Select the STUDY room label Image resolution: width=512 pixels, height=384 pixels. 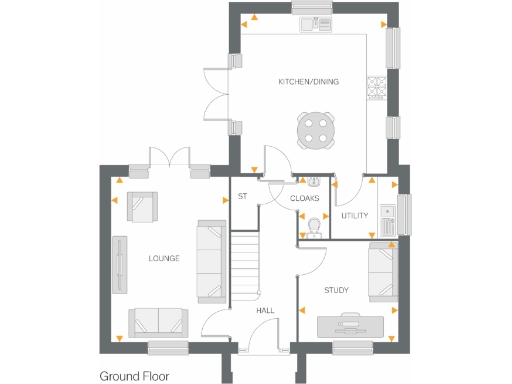click(336, 290)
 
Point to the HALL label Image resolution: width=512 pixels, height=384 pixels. click(265, 311)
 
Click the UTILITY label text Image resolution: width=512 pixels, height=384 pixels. click(355, 215)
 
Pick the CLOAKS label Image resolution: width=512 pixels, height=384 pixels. click(304, 198)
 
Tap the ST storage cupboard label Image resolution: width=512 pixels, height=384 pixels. click(241, 196)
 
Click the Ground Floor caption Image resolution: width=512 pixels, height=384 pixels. click(137, 376)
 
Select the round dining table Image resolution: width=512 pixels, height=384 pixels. click(316, 129)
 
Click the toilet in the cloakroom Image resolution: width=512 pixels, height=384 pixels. click(313, 226)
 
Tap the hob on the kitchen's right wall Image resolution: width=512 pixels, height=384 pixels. click(378, 88)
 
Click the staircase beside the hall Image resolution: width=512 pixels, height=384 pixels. click(245, 265)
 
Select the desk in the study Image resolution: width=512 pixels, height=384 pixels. click(350, 324)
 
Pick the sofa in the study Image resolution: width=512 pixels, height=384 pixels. click(381, 271)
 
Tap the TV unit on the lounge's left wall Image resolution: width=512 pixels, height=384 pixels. click(121, 264)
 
